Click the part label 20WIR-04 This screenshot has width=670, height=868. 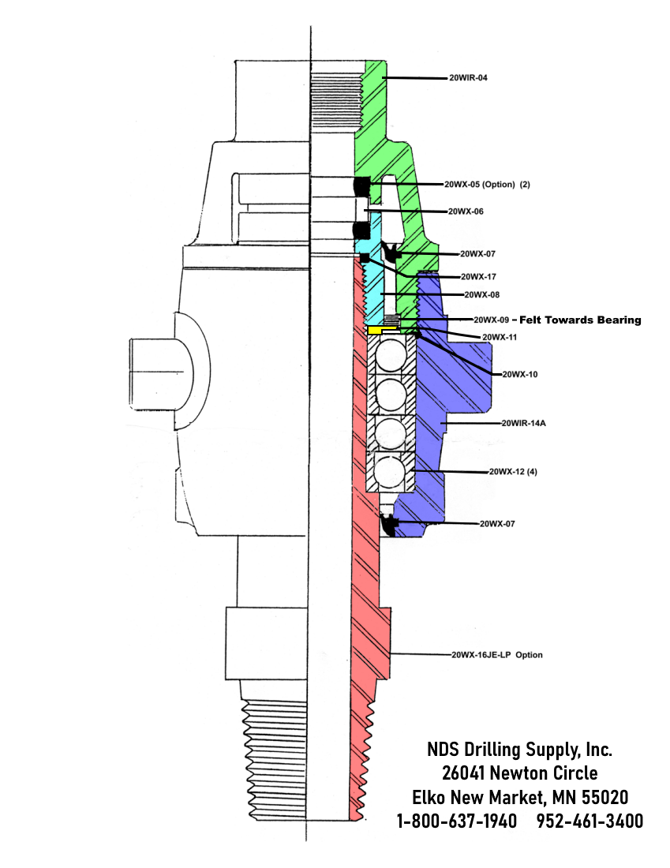click(x=473, y=78)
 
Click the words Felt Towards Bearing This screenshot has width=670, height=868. click(x=582, y=320)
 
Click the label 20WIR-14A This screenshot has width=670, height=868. click(x=524, y=423)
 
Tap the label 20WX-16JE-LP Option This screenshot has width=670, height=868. click(x=496, y=655)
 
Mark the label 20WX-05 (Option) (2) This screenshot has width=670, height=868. click(x=487, y=184)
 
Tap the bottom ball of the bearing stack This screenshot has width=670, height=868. click(x=389, y=472)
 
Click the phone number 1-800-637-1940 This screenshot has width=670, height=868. click(x=456, y=821)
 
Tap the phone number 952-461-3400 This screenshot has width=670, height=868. click(x=590, y=821)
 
